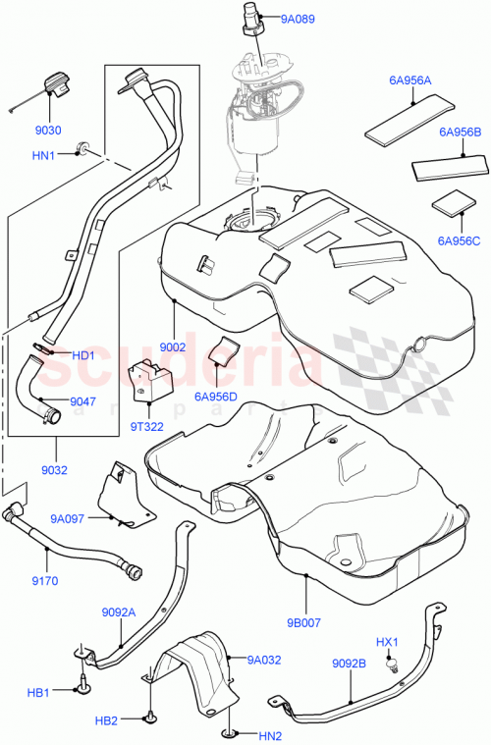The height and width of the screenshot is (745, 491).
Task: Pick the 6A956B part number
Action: [x=460, y=131]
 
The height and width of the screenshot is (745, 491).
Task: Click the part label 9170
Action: [x=44, y=580]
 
